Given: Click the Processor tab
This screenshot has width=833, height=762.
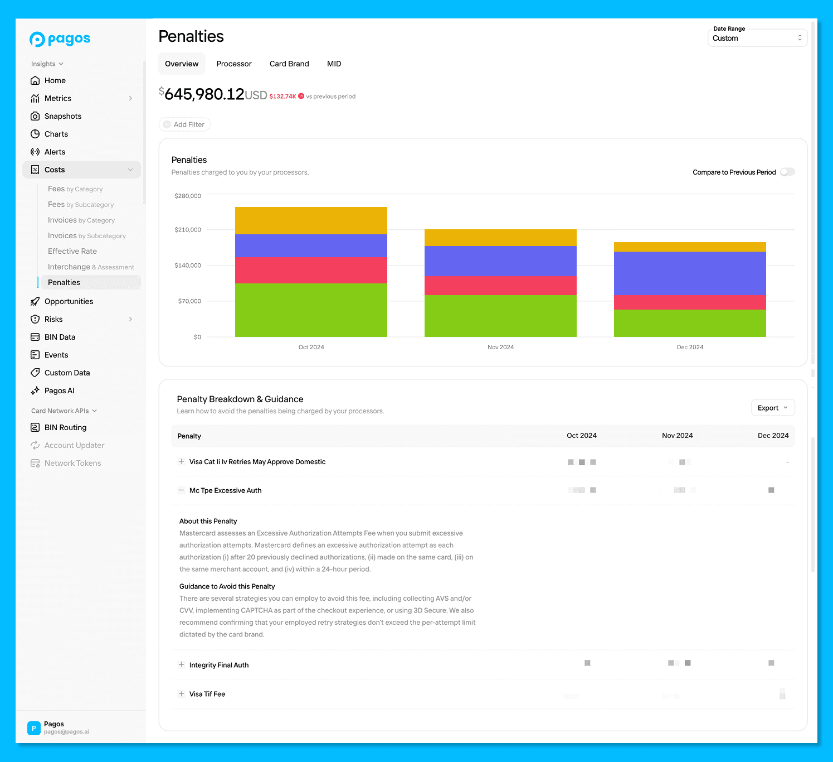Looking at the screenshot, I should tap(233, 64).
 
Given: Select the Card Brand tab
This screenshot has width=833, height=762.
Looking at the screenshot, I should tap(289, 64).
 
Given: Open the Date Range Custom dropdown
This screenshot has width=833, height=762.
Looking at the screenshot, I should tap(757, 38).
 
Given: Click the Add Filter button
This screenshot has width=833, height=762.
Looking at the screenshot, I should tap(184, 124).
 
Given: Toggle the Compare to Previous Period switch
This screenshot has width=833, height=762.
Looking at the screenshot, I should tap(787, 172).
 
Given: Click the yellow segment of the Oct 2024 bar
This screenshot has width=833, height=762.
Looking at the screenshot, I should tap(311, 220).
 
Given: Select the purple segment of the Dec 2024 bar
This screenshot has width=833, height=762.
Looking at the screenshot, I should tap(690, 273).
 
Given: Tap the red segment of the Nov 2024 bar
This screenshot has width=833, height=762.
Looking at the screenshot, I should tap(500, 286).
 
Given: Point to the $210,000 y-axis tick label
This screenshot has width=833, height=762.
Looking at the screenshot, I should tap(188, 230).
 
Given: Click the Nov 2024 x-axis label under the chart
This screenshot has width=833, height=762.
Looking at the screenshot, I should tap(500, 347).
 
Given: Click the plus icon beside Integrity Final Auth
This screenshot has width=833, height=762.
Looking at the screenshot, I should tap(181, 665).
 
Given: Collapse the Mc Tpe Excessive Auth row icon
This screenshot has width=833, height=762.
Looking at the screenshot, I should tap(181, 490).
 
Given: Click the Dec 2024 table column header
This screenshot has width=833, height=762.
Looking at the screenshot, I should tap(773, 436).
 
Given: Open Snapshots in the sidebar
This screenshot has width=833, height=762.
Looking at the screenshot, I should tap(63, 116).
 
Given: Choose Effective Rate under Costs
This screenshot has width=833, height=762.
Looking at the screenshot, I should tap(72, 251).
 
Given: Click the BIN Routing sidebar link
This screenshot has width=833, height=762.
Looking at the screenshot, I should tap(65, 427).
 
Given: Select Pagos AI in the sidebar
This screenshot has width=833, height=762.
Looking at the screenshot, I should tap(60, 390).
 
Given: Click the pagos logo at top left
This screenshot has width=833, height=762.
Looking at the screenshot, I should tap(60, 39).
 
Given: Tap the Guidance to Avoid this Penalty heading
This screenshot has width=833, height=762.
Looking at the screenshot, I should tap(227, 586).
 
